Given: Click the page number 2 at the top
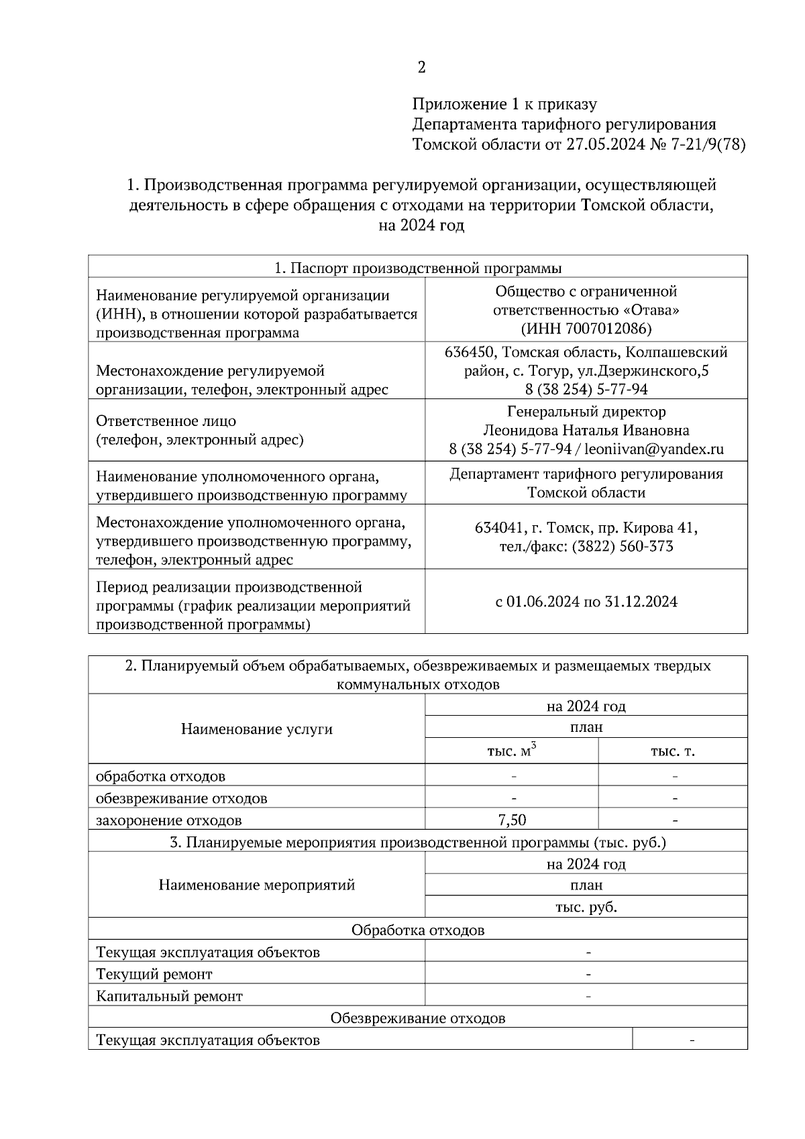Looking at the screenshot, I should [421, 67].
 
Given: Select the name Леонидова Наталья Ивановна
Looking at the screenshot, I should [586, 431].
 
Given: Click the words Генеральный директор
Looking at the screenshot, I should [586, 412].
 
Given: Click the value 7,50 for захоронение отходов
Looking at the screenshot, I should [512, 820].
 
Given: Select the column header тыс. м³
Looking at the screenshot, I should [512, 751].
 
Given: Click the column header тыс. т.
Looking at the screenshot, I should [673, 752].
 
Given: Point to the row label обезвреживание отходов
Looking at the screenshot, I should [181, 798].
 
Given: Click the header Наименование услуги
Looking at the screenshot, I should [256, 729].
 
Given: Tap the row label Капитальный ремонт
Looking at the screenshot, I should [169, 996].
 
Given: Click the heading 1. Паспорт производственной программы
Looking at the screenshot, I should [418, 268].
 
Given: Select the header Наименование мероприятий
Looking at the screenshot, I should [256, 885].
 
